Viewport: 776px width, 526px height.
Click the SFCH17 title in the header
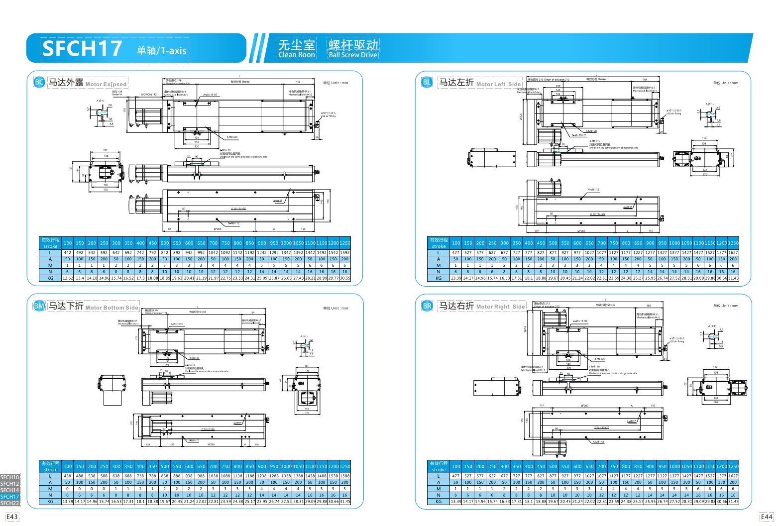pos(82,48)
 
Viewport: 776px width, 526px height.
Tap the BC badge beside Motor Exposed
pos(39,82)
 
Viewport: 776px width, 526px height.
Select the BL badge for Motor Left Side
pos(427,82)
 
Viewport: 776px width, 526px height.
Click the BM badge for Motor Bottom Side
pos(39,306)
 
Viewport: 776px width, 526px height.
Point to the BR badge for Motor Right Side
pos(427,306)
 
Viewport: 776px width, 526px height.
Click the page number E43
pos(12,517)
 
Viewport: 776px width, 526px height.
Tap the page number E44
pos(767,517)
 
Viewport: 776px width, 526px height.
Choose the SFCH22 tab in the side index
pos(10,503)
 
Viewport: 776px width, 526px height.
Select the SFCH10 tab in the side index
pos(10,477)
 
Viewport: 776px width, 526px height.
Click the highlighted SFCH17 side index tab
pos(10,497)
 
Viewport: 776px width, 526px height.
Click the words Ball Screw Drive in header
pos(352,55)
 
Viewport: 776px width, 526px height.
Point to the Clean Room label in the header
pos(297,55)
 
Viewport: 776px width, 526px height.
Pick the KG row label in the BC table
pos(50,278)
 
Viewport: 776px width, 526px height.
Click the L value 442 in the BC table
pos(68,252)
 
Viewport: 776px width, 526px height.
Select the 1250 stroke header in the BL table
pos(733,243)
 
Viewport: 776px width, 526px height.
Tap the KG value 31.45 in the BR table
pos(733,502)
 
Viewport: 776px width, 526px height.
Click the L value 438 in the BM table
pos(68,476)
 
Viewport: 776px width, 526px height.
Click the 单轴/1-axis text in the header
pos(162,50)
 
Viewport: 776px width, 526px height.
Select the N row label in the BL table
pos(439,272)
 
